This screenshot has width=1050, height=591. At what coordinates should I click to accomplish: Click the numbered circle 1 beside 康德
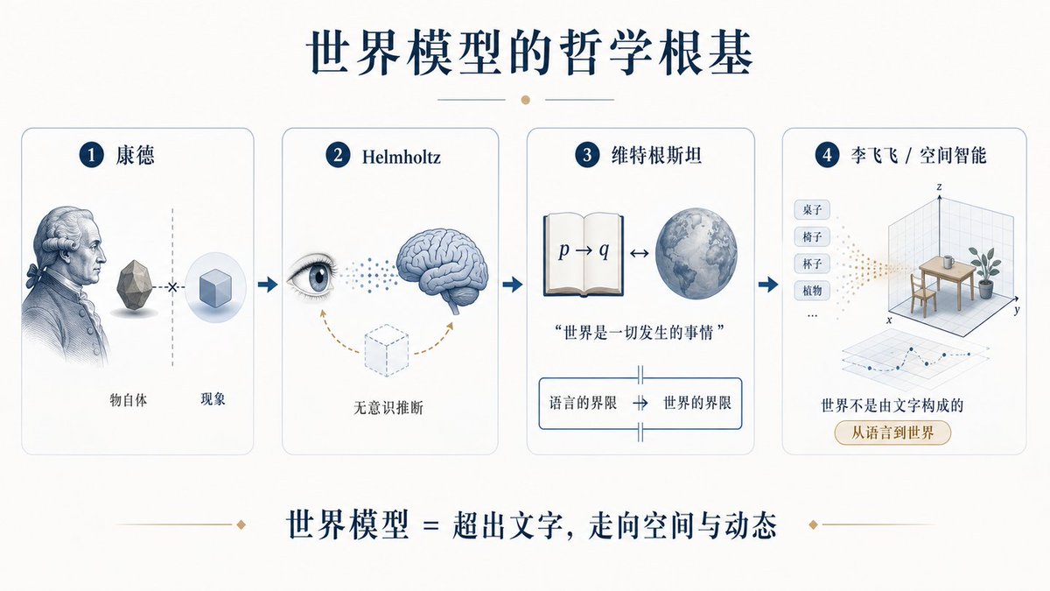pos(91,155)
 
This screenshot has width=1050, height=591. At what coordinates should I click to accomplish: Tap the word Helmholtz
pos(402,157)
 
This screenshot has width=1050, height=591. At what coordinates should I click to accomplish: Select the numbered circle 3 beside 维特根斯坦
pos(587,155)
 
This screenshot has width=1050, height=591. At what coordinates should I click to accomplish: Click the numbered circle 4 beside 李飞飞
pos(828,155)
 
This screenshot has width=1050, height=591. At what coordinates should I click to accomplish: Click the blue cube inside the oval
pos(215,290)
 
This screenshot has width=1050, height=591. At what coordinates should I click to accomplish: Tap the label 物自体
pos(128,400)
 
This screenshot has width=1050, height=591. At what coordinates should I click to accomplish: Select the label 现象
pos(213,399)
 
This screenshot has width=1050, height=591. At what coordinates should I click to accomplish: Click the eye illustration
pos(312,278)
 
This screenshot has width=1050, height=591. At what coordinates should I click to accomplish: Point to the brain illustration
pos(442,268)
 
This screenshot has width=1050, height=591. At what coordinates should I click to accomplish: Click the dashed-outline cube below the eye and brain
pos(387,350)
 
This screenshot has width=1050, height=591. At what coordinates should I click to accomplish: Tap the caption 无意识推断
pos(388,408)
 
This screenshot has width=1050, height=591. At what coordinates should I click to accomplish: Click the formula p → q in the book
pos(584,250)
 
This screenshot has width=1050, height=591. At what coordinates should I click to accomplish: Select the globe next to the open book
pos(696,254)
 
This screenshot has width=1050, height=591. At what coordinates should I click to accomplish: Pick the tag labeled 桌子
pos(812,209)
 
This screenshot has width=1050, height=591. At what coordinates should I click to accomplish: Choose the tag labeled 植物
pos(812,291)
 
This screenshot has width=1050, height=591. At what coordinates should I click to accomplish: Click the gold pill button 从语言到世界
pos(892,433)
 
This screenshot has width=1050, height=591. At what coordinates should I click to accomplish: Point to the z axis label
pos(939,186)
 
